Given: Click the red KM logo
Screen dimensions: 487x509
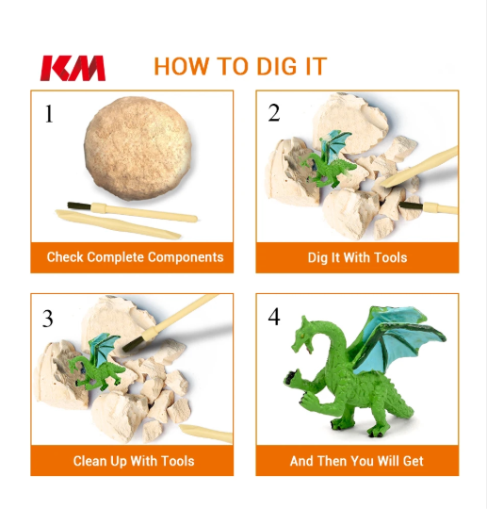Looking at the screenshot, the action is (73, 68).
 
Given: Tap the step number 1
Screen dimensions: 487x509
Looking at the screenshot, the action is (49, 114).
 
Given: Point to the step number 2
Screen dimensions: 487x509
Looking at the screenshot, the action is (274, 113).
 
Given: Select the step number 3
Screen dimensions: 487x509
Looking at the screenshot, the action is (48, 319).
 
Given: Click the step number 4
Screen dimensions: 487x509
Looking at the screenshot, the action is (274, 317).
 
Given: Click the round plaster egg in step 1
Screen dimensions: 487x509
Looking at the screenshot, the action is (138, 148).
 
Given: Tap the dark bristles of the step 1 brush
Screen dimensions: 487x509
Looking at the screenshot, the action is (79, 205).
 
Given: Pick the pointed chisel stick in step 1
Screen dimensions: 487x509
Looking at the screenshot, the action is (118, 224).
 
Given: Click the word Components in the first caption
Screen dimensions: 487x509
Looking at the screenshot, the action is (186, 257).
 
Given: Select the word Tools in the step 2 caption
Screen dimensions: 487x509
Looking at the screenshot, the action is (390, 257).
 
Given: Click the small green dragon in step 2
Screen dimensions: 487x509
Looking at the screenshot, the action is (327, 159).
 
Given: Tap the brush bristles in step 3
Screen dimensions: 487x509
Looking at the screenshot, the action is (134, 344).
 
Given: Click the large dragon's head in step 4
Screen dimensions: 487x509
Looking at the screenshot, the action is (302, 336).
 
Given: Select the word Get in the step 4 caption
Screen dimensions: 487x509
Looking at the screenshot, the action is (413, 461).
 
